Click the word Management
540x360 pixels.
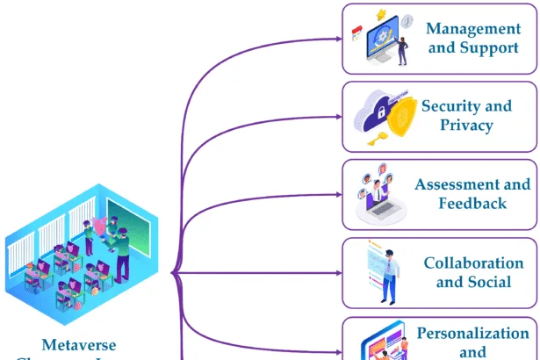pyautogui.click(x=473, y=28)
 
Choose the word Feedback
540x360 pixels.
pyautogui.click(x=472, y=203)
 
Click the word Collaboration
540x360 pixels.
pyautogui.click(x=473, y=263)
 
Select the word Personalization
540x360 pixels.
pyautogui.click(x=473, y=333)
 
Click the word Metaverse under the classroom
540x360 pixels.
pyautogui.click(x=78, y=345)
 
